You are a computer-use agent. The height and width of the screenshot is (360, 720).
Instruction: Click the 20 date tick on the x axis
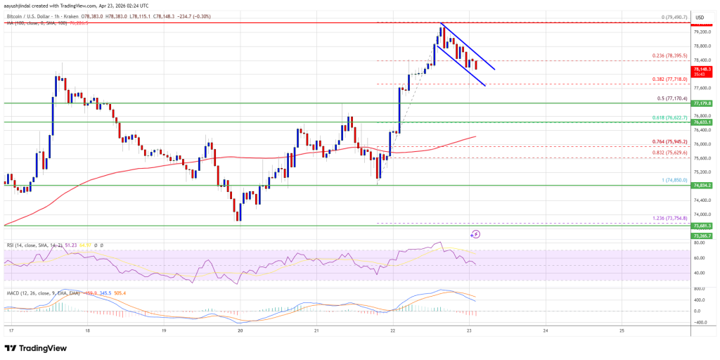coord(240,329)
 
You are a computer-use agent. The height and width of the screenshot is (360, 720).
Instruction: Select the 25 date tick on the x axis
coord(622,329)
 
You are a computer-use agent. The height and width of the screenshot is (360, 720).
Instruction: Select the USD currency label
coord(700,17)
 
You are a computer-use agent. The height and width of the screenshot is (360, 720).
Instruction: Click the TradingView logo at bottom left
coord(37,348)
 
